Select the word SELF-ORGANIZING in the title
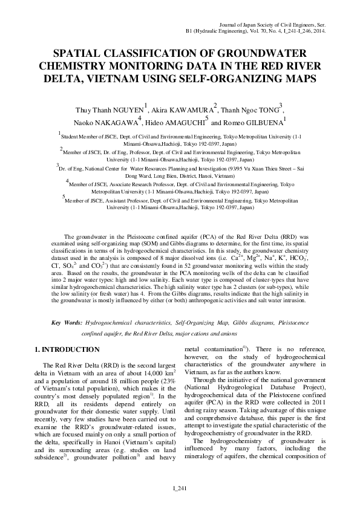(226, 79)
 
